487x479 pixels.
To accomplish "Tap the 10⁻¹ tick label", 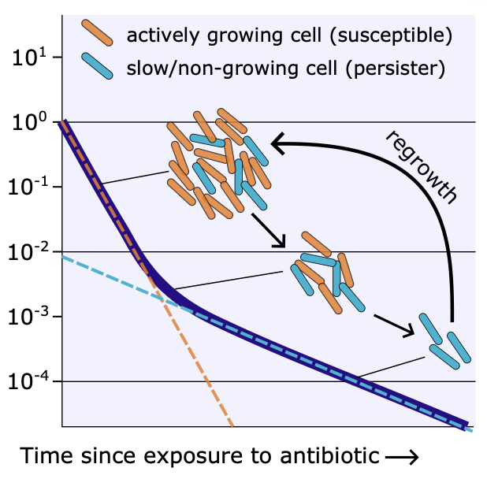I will [x=28, y=189].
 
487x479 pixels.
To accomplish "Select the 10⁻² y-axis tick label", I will [x=28, y=254].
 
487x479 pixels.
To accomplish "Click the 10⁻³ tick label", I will [x=28, y=318].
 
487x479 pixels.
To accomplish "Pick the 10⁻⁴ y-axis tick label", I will [x=28, y=383].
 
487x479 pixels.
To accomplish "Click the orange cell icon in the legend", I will [x=100, y=33].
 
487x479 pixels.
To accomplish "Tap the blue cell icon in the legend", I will [x=100, y=65].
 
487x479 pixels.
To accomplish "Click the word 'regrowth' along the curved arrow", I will [x=422, y=166].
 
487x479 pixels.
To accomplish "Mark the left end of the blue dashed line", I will [x=63, y=257].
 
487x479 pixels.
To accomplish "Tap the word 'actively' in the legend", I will [x=157, y=36].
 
